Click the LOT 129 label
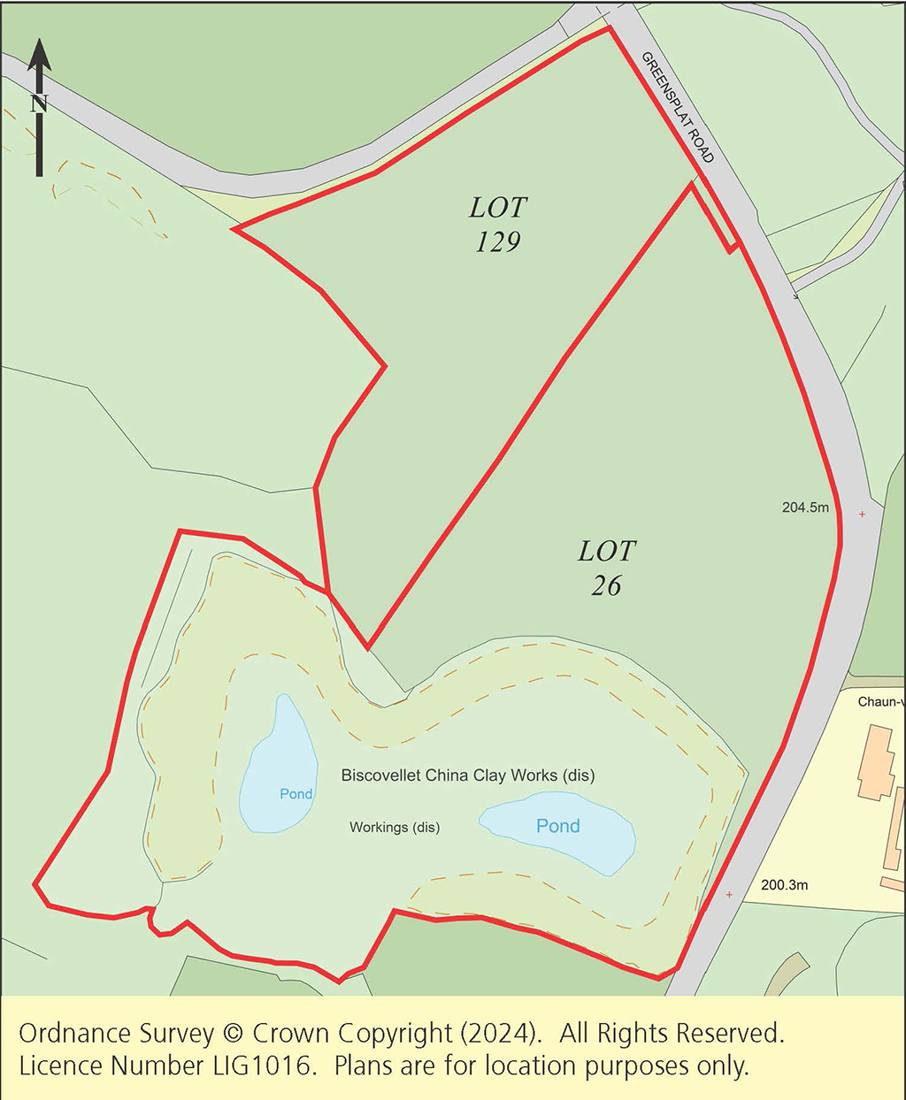pyautogui.click(x=498, y=225)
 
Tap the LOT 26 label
pyautogui.click(x=607, y=568)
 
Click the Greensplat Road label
pyautogui.click(x=678, y=107)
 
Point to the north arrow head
pyautogui.click(x=39, y=54)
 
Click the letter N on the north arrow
pyautogui.click(x=38, y=104)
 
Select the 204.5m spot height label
pyautogui.click(x=805, y=508)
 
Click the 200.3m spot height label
pyautogui.click(x=784, y=885)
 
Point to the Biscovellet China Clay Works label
pyautogui.click(x=467, y=775)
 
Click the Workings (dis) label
pyautogui.click(x=395, y=828)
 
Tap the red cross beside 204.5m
pyautogui.click(x=862, y=514)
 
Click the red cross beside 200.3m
pyautogui.click(x=729, y=895)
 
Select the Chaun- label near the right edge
pyautogui.click(x=879, y=702)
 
